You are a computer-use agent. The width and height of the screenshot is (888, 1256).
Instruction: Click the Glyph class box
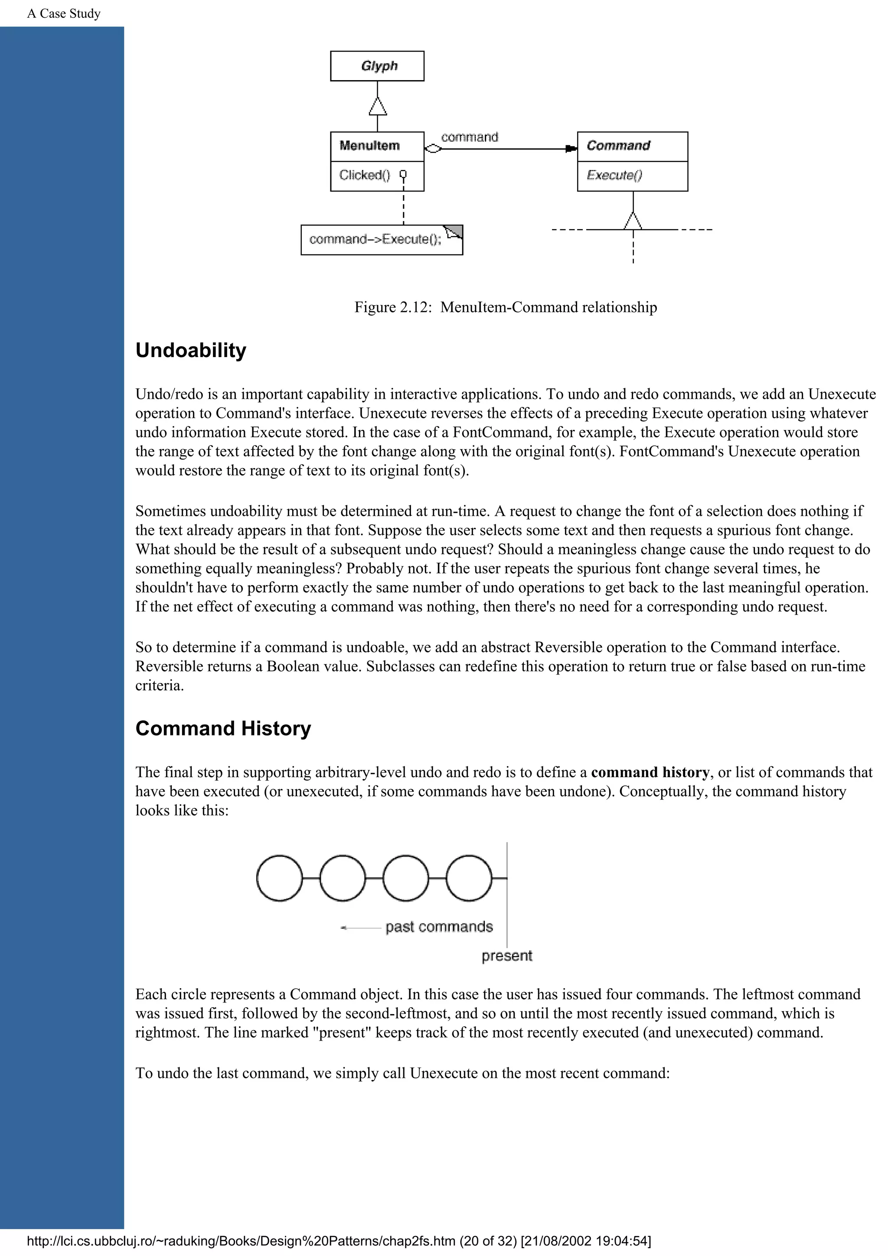[x=377, y=66]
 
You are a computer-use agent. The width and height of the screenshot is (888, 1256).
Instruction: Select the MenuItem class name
[x=369, y=146]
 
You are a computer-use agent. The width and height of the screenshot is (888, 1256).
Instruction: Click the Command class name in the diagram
[x=618, y=146]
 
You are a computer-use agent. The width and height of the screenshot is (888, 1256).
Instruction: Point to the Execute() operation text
[x=614, y=175]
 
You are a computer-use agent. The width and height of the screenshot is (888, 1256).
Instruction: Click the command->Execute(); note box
[x=382, y=240]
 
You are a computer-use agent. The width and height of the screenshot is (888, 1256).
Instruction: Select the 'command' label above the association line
[x=470, y=137]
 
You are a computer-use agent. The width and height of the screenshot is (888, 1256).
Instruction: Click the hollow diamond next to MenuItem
[x=433, y=149]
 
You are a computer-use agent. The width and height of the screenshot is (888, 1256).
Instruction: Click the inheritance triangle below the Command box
[x=633, y=221]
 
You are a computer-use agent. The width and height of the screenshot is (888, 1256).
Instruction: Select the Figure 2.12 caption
[x=506, y=307]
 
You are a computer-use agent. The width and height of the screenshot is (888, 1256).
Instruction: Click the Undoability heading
[x=190, y=350]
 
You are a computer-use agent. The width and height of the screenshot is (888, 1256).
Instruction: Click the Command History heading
[x=223, y=728]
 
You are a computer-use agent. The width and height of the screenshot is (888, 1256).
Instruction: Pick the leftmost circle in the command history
[x=279, y=878]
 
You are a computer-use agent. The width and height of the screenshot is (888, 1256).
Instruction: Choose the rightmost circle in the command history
[x=469, y=878]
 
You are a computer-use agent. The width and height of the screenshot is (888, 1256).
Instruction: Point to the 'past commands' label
[x=439, y=927]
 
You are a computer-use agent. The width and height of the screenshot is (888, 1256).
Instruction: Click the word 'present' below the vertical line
[x=506, y=956]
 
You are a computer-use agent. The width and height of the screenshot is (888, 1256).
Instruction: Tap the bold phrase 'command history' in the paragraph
[x=650, y=772]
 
